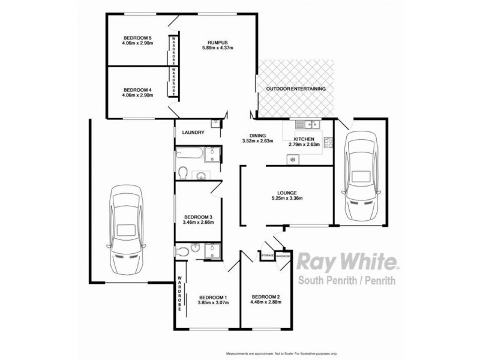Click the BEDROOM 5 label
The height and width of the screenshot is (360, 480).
[x=137, y=37]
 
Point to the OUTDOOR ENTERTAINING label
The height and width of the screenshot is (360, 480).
[x=296, y=89]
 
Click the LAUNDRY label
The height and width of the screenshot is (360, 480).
[x=192, y=133]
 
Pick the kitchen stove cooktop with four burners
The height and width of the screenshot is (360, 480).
[x=328, y=143]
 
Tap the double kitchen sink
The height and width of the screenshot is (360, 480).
[x=311, y=125]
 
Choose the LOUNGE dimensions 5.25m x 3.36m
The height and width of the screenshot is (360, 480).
[x=286, y=199]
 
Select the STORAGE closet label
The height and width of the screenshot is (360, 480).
[x=268, y=256]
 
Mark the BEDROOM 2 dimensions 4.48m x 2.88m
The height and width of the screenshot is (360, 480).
[x=267, y=303]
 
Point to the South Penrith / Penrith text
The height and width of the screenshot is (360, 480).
[x=346, y=281]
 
